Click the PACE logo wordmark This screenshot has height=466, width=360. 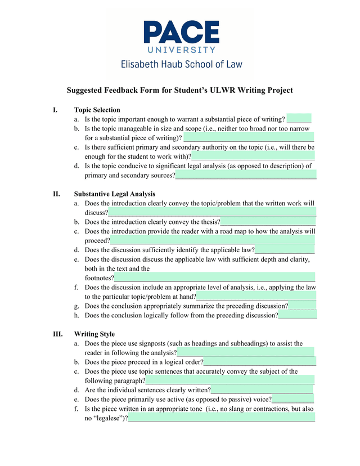[181, 32]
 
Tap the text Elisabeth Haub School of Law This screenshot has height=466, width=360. [181, 64]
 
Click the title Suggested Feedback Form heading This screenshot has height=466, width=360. [180, 91]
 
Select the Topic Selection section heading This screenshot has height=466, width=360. [97, 110]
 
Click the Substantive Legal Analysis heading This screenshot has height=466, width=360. [114, 194]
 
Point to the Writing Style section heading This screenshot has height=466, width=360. [94, 334]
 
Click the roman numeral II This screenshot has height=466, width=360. [57, 194]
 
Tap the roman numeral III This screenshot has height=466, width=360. [58, 334]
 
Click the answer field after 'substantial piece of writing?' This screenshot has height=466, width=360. [299, 119]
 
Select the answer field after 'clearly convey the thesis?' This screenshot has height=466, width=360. [268, 222]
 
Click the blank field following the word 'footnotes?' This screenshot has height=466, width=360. [214, 277]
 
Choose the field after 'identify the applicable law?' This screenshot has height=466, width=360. [285, 250]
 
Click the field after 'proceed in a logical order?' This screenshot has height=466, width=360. [259, 362]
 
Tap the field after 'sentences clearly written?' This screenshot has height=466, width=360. [262, 389]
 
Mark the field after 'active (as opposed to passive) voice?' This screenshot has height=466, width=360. [293, 399]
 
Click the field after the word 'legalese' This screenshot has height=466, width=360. [221, 418]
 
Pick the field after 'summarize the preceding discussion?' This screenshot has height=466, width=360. [302, 306]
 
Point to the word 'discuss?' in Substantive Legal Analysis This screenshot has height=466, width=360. [96, 213]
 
